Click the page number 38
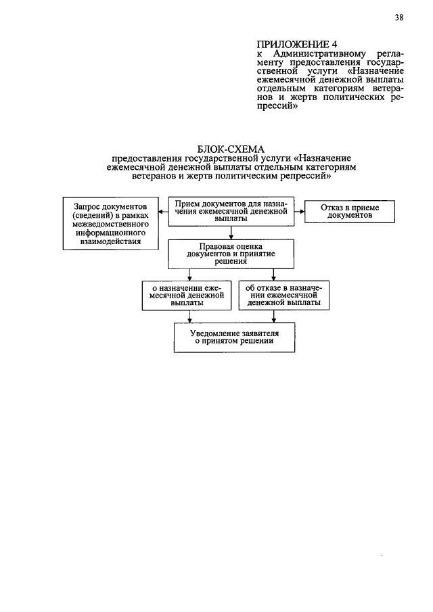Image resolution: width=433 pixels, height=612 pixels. point(398,18)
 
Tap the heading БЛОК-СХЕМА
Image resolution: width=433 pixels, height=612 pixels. point(231,149)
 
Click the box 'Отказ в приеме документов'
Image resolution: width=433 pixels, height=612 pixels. point(348,211)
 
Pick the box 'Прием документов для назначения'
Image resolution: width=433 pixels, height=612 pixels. point(231,211)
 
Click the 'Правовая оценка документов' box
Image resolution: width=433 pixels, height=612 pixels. point(231,254)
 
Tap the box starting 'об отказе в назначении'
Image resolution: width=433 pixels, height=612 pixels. point(283,296)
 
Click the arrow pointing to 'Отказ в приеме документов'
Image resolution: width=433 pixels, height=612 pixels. point(300,211)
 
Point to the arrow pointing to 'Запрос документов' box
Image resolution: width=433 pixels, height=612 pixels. point(163,211)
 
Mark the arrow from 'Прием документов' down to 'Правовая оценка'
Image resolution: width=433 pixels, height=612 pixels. point(231,234)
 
